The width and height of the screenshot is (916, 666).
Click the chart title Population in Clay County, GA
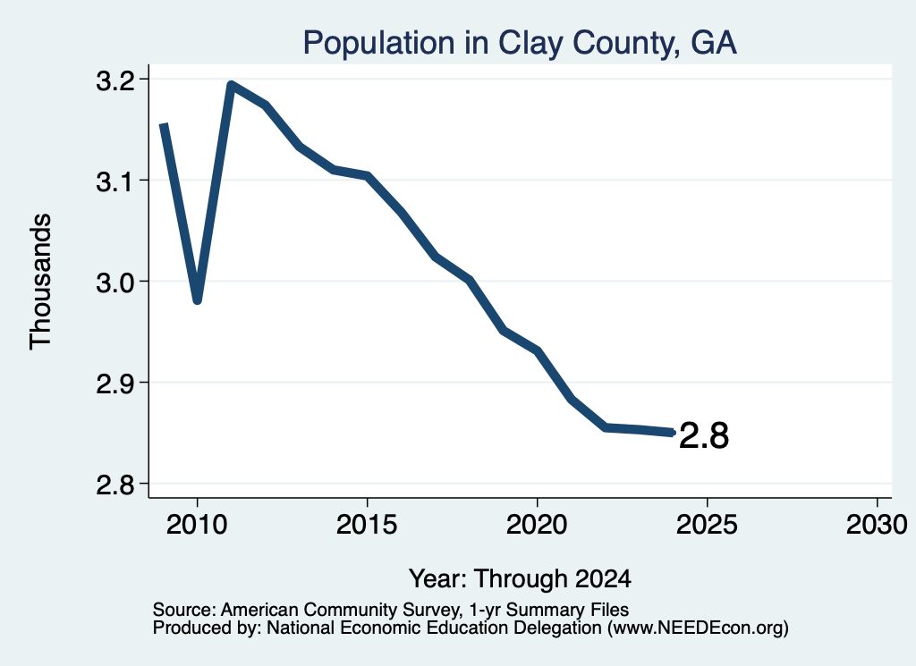520,43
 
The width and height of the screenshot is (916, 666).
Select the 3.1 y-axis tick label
114,182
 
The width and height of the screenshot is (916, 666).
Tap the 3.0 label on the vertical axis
114,283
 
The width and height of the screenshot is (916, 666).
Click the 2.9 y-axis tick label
114,384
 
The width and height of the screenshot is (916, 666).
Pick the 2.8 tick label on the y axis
114,485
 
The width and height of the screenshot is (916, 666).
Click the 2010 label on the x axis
197,524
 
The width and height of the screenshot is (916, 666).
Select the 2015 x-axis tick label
367,524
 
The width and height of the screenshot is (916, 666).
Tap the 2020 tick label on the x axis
537,524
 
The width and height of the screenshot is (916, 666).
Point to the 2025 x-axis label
707,524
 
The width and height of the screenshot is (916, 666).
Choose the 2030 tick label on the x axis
877,524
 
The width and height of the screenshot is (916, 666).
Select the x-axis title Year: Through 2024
520,579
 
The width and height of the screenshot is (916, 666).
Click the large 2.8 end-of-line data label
704,435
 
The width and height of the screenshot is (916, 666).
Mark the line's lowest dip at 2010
198,300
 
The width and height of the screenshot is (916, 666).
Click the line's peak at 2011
232,85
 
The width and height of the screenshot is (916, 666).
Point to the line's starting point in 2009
165,124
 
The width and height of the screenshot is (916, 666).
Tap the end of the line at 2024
673,433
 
